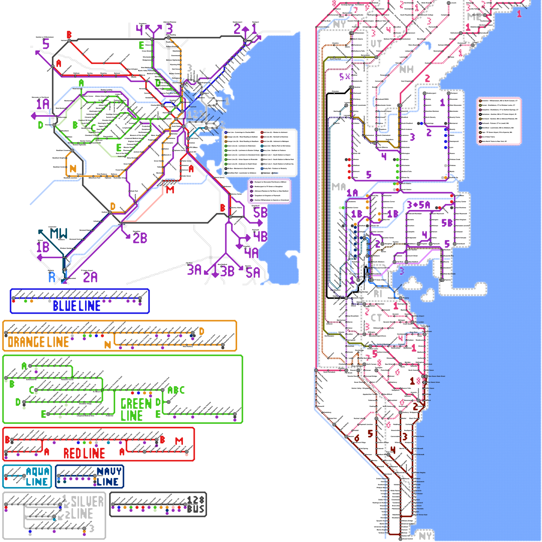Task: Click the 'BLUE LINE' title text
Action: point(77,306)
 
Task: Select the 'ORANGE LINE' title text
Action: point(38,342)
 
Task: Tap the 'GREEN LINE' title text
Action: point(136,410)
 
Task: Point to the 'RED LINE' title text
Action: point(84,453)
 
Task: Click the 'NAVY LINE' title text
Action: point(108,477)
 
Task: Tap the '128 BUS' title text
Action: point(195,504)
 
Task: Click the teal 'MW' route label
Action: point(59,233)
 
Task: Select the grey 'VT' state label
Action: point(376,44)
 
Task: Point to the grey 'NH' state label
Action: point(406,69)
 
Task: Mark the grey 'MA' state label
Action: point(339,187)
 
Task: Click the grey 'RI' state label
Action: point(378,294)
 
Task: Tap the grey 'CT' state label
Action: point(376,318)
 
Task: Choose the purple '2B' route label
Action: point(140,238)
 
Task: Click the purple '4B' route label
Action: point(260,236)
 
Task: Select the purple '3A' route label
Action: point(194,270)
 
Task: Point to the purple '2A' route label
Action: point(90,277)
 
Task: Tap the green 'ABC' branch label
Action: point(176,390)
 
